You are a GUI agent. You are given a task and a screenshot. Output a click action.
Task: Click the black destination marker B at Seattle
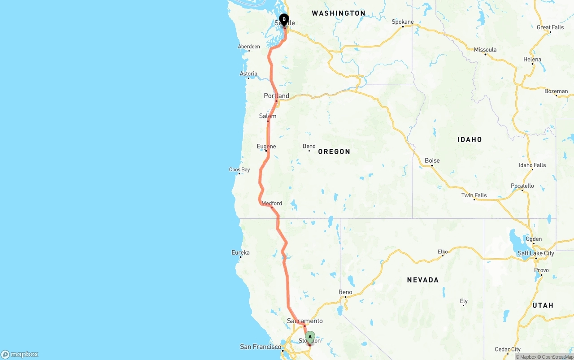pyautogui.click(x=284, y=20)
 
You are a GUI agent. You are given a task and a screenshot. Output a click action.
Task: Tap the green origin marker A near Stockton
pyautogui.click(x=310, y=337)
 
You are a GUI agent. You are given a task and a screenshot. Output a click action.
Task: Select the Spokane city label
pyautogui.click(x=403, y=22)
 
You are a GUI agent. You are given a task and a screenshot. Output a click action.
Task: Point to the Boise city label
pyautogui.click(x=432, y=160)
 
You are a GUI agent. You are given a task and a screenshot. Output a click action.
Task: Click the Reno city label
pyautogui.click(x=345, y=292)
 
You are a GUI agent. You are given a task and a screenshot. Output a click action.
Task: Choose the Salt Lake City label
pyautogui.click(x=536, y=253)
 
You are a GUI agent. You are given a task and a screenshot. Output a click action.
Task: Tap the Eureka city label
pyautogui.click(x=240, y=252)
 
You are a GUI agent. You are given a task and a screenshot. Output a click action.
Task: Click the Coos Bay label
pyautogui.click(x=239, y=169)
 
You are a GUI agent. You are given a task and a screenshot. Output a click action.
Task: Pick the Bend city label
pyautogui.click(x=309, y=146)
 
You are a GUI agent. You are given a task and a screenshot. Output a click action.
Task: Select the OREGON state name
pyautogui.click(x=334, y=152)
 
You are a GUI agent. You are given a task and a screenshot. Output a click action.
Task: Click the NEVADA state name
pyautogui.click(x=422, y=280)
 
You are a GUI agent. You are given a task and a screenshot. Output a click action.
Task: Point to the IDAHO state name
pyautogui.click(x=470, y=139)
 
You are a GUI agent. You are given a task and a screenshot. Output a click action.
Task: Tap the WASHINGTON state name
pyautogui.click(x=339, y=13)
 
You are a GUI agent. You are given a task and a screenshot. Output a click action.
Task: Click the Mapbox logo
pyautogui.click(x=20, y=354)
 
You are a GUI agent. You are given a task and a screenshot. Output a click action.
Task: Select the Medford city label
pyautogui.click(x=272, y=203)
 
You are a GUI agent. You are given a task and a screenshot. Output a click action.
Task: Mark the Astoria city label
pyautogui.click(x=248, y=74)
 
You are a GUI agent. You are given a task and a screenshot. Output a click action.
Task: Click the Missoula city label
pyautogui.click(x=485, y=49)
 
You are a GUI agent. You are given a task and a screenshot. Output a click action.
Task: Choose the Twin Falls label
pyautogui.click(x=474, y=195)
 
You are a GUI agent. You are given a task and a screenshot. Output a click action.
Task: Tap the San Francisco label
pyautogui.click(x=261, y=347)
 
